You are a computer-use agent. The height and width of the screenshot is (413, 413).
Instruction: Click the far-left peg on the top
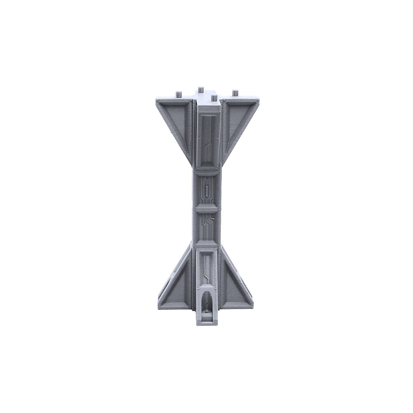[178, 93]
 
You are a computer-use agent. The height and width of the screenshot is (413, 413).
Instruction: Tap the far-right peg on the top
[235, 93]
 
